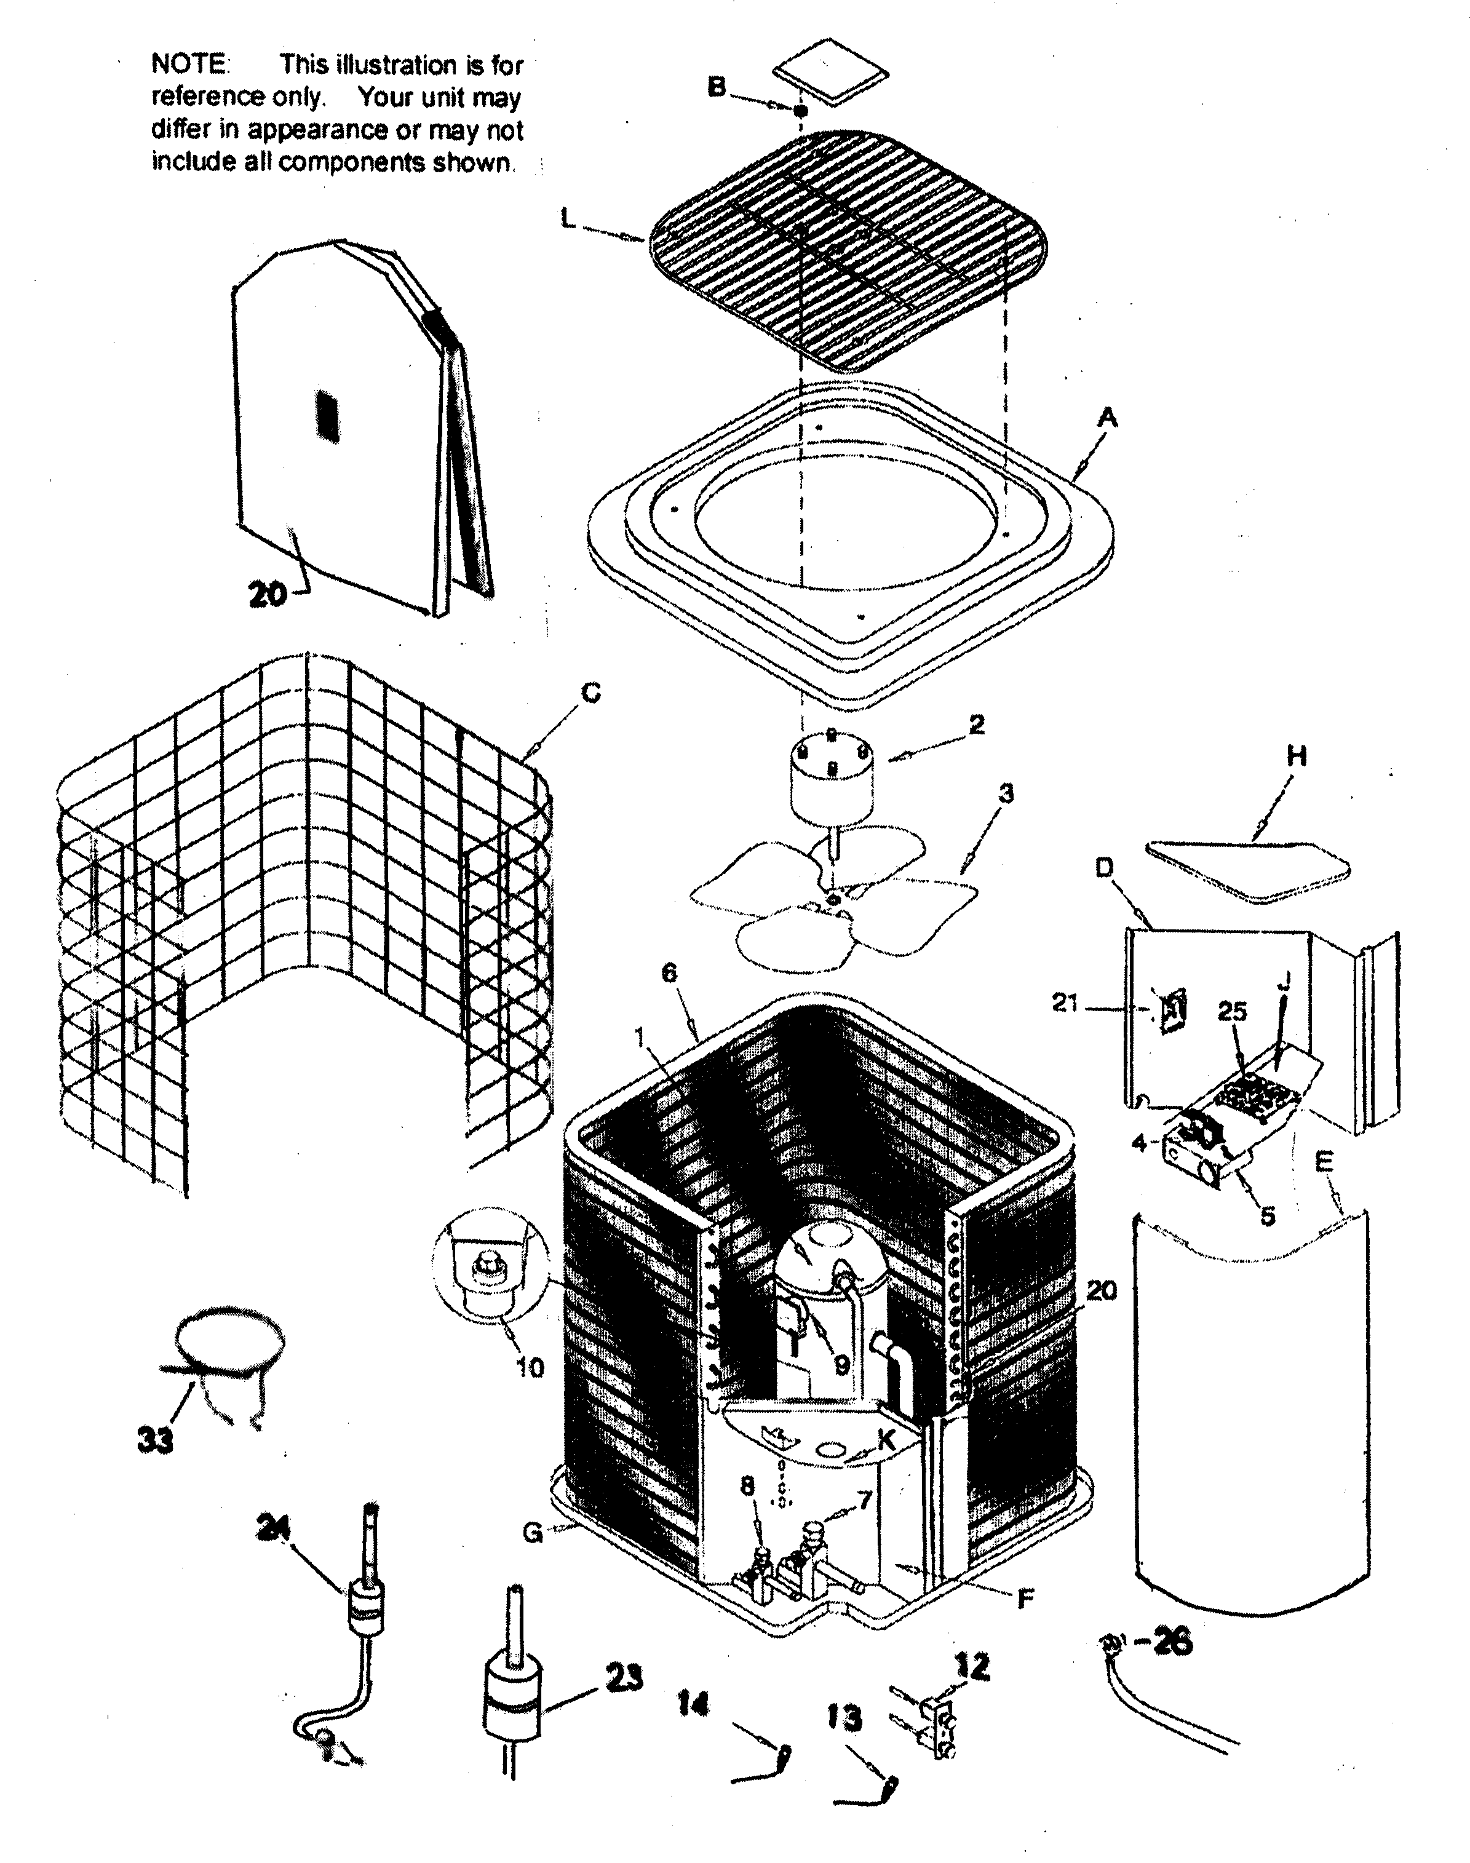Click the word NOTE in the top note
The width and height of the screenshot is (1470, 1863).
[189, 64]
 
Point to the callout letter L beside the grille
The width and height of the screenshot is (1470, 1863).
[568, 220]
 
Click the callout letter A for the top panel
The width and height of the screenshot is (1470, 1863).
[1108, 419]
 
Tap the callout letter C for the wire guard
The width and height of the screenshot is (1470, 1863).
[591, 693]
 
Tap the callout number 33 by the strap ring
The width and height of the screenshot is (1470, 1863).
[155, 1439]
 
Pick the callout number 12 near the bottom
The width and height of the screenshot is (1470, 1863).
[972, 1667]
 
